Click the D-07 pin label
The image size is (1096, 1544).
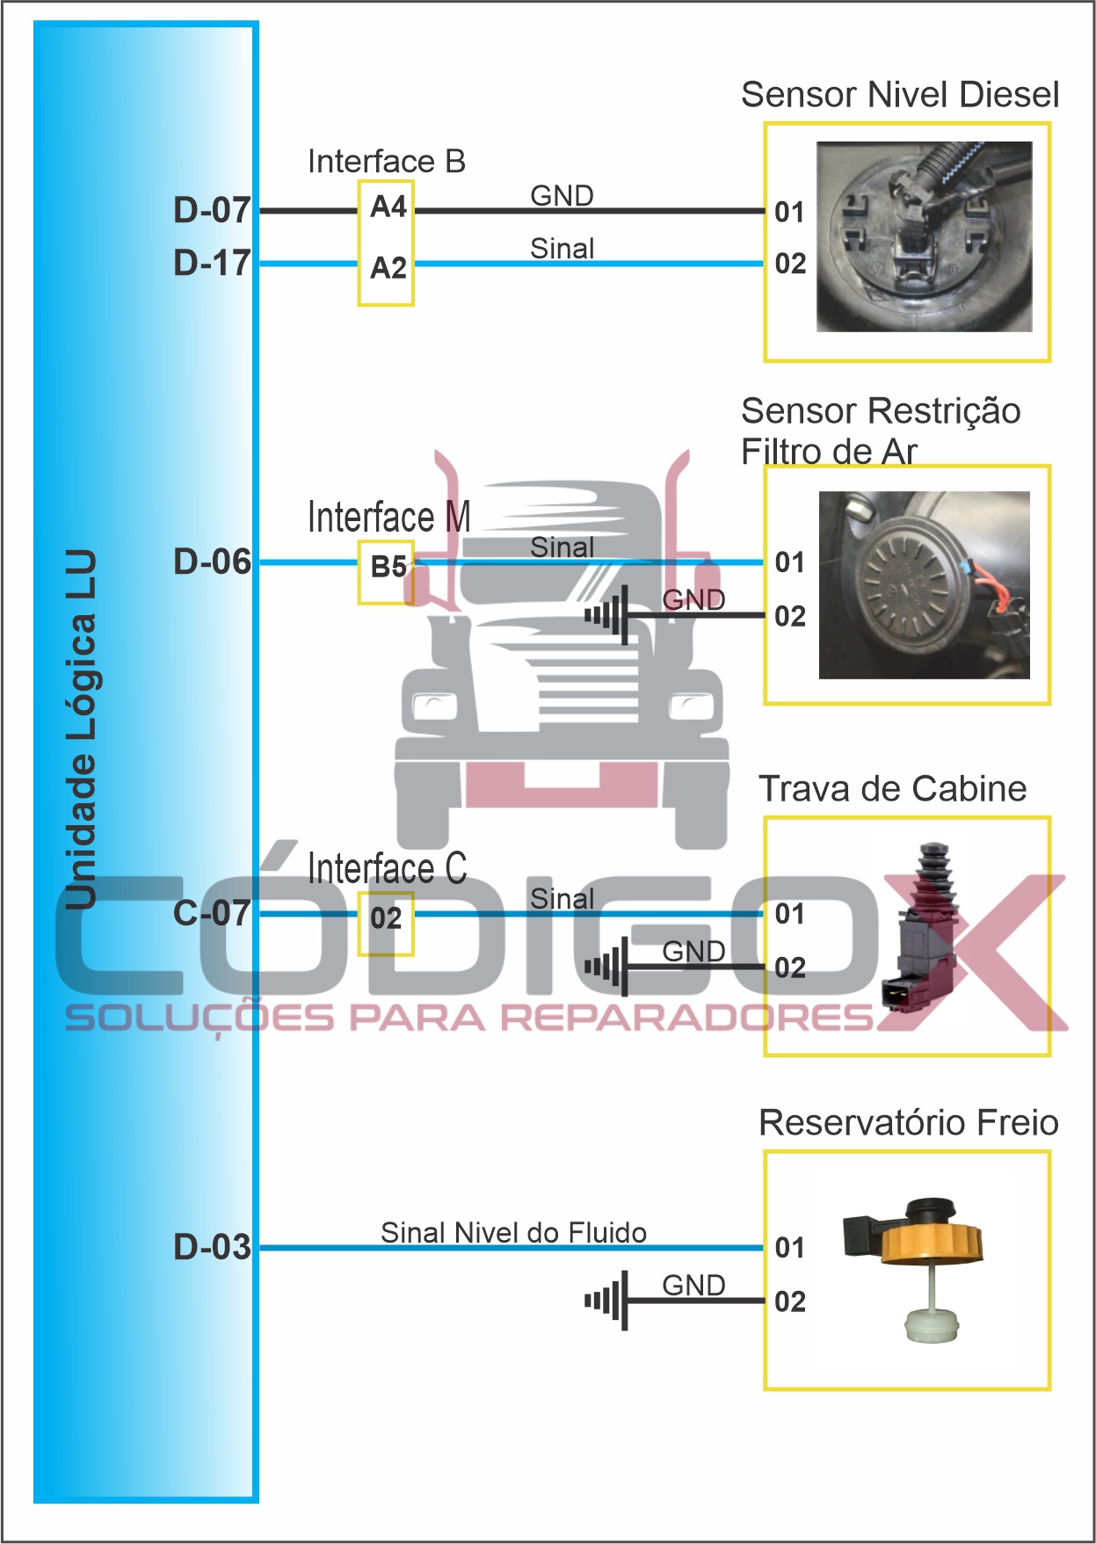click(x=212, y=210)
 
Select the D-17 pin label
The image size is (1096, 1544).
click(x=212, y=263)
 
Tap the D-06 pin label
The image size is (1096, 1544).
click(x=212, y=562)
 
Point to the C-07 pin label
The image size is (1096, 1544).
click(x=212, y=913)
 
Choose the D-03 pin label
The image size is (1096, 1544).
click(x=212, y=1247)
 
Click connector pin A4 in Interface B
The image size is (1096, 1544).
click(x=388, y=207)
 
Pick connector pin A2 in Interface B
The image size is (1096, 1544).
click(x=388, y=268)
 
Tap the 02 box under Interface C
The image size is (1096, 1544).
click(x=386, y=919)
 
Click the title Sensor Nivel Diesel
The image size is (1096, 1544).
click(x=899, y=95)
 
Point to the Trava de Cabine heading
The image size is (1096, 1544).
click(x=892, y=789)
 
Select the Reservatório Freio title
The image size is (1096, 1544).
click(x=908, y=1123)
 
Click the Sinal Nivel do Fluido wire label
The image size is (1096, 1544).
click(x=513, y=1233)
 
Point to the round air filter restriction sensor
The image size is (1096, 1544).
click(x=906, y=583)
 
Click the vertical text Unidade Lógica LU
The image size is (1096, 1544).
click(x=81, y=729)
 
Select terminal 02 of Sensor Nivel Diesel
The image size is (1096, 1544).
click(x=790, y=264)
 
